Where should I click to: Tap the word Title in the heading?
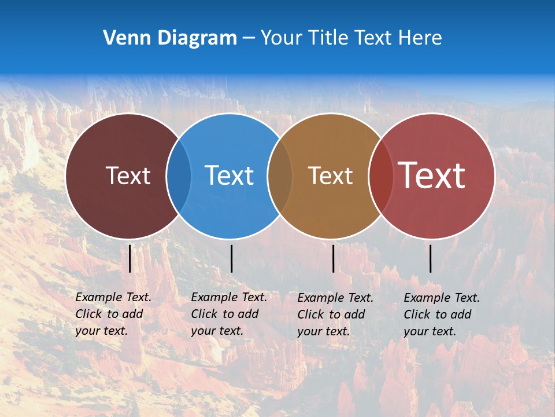331,38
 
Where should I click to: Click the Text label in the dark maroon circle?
128,175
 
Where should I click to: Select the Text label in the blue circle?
229,175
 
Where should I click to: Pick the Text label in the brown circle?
330,175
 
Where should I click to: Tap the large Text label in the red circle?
432,175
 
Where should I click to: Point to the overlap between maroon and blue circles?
179,175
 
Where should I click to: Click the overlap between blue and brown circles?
280,175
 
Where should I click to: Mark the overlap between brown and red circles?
380,175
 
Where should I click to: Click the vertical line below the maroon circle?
130,258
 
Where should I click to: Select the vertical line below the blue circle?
231,258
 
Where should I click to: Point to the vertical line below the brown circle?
333,258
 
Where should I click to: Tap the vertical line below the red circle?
430,258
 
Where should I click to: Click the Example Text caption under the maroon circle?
113,314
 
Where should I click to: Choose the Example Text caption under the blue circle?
228,314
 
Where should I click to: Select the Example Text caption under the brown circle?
335,314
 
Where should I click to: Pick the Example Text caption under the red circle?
441,314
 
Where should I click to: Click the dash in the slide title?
249,39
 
